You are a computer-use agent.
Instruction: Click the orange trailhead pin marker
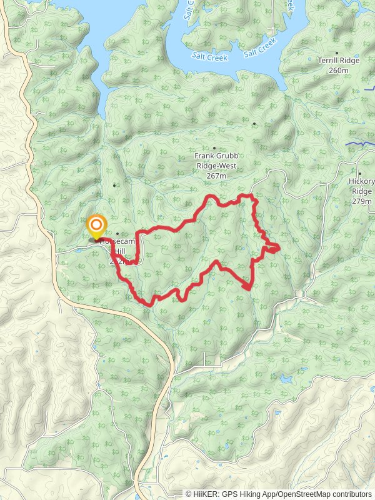coord(96,227)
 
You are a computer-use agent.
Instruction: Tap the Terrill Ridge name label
coord(337,61)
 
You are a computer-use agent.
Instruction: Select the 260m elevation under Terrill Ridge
coord(337,71)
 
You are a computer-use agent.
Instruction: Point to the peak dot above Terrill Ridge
coord(337,53)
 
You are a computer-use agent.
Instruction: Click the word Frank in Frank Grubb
coord(204,156)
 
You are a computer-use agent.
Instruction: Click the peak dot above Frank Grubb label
coord(214,148)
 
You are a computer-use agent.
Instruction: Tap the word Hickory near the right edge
coord(361,182)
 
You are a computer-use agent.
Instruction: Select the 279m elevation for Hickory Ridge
coord(361,201)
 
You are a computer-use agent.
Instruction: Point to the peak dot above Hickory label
coord(360,173)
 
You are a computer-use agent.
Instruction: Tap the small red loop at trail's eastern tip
coord(272,249)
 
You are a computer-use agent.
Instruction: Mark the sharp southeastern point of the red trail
coord(249,288)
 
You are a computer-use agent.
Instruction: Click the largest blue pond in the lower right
coord(286,379)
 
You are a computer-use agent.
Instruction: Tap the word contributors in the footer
coord(351,494)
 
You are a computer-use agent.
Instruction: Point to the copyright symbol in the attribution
coord(189,494)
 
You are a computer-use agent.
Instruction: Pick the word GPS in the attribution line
coord(229,494)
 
